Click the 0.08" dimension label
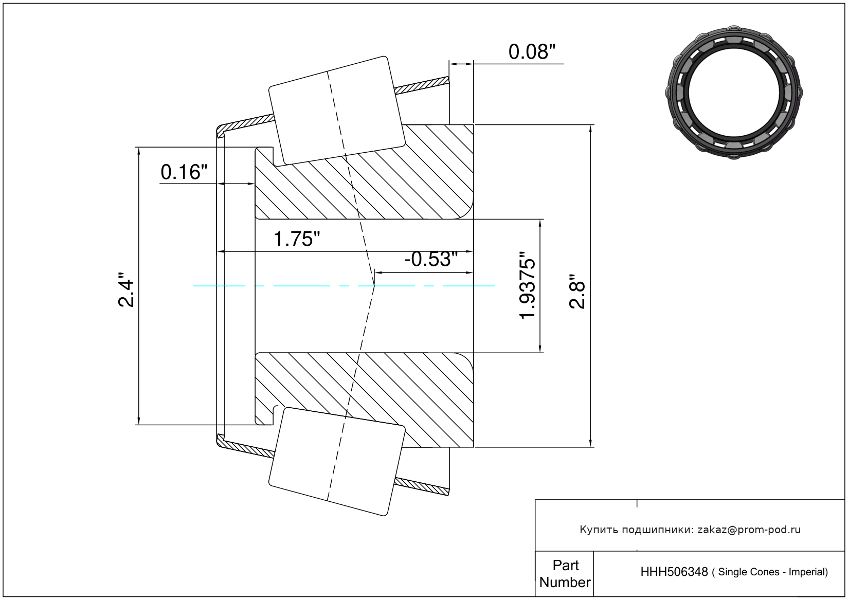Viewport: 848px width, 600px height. (532, 52)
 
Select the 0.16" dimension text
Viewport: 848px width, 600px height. (184, 172)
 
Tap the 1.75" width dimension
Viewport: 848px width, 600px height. (296, 239)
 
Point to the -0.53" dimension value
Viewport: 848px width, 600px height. (431, 259)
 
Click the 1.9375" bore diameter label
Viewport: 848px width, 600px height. (527, 285)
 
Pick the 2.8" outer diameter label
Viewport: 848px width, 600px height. (578, 291)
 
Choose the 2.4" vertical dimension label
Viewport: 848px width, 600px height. (126, 289)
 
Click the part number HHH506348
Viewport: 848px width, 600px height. (674, 572)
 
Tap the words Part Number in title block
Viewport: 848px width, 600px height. (565, 574)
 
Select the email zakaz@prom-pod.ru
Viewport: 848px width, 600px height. (749, 530)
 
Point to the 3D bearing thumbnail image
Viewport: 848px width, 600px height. (734, 93)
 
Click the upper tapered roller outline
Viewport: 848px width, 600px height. (337, 111)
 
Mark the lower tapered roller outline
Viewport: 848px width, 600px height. (337, 462)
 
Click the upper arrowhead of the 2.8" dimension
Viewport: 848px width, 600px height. (590, 129)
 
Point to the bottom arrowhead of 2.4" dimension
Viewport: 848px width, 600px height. (139, 420)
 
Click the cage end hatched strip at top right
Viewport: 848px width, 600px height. (422, 85)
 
